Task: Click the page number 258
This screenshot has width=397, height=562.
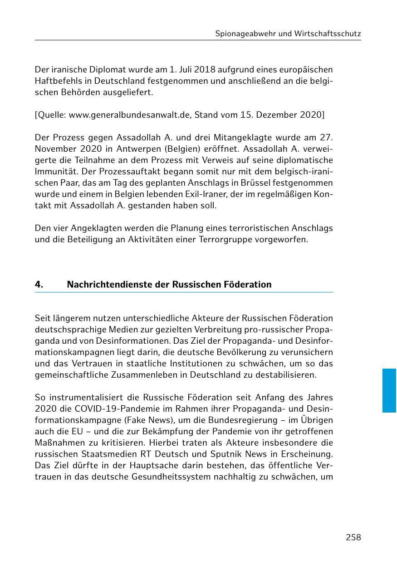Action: click(353, 538)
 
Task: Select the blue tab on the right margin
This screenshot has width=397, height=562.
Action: click(389, 390)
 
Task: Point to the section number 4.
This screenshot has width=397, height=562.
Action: click(39, 284)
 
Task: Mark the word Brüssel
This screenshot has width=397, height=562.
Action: click(240, 183)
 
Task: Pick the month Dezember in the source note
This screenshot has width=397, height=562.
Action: click(277, 115)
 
